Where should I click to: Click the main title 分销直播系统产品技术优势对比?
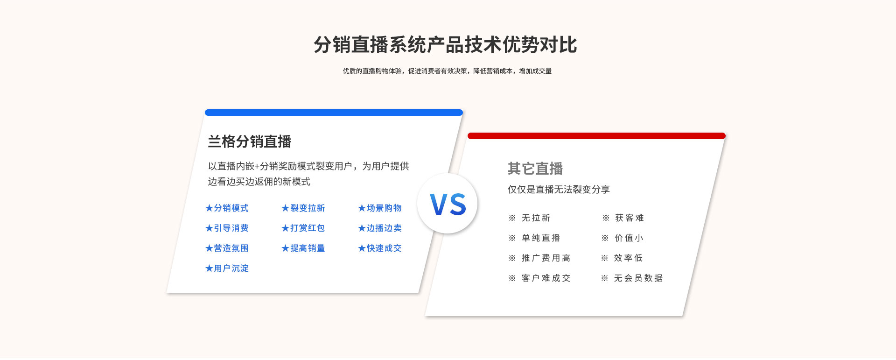click(445, 45)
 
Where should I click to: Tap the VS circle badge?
click(447, 204)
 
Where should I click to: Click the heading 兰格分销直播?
click(250, 141)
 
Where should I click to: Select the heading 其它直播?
click(535, 169)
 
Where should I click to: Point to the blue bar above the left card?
click(334, 113)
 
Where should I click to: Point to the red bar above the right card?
click(596, 136)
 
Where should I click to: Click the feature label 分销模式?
click(231, 208)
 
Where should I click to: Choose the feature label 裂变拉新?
click(308, 208)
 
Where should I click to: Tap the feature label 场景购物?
click(384, 208)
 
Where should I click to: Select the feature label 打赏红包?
click(308, 228)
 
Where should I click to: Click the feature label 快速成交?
click(384, 248)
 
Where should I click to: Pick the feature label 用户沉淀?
click(231, 268)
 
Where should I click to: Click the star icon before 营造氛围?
click(209, 248)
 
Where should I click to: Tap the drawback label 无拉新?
click(536, 218)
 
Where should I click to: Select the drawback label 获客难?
click(630, 218)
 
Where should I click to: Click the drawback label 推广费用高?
click(546, 258)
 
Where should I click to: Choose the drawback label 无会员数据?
click(638, 278)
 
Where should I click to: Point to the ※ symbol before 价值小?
click(605, 238)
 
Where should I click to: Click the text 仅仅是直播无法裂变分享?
click(559, 190)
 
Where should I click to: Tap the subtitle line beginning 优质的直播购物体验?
click(447, 71)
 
